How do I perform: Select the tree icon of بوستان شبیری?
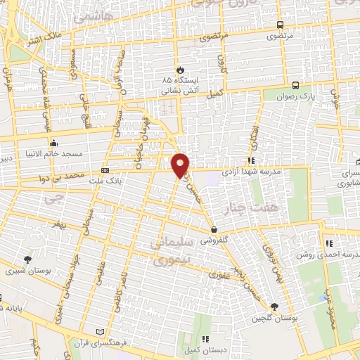27,259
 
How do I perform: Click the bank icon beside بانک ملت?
105,170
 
